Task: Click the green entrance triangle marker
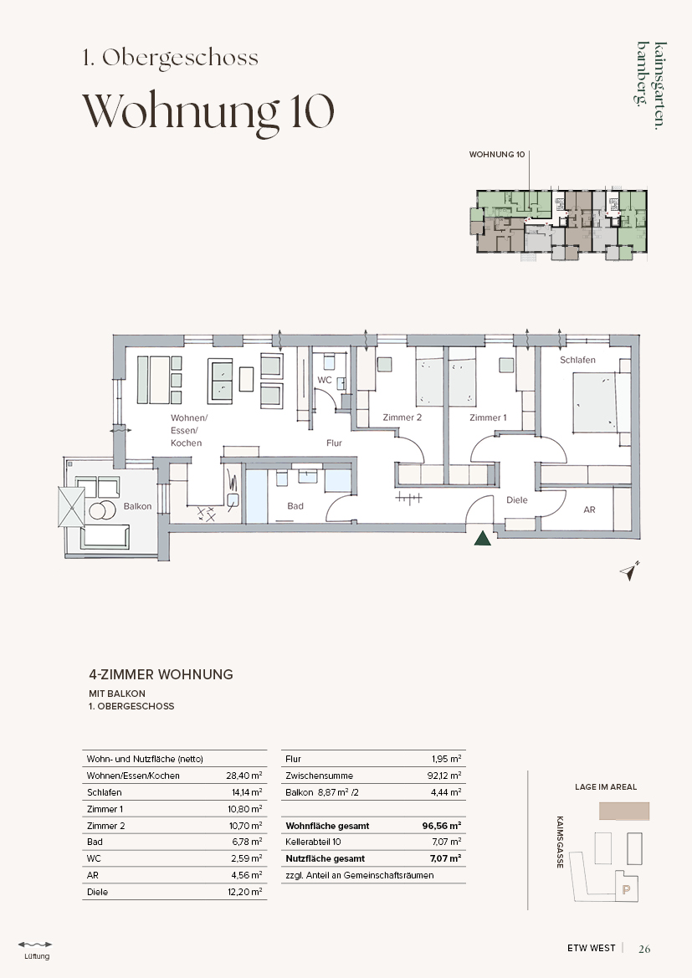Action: point(482,538)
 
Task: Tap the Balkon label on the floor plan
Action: point(137,506)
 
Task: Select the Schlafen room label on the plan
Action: point(577,360)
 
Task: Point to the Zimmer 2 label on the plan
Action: point(402,417)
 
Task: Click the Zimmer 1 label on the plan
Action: point(488,417)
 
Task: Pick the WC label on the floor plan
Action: point(325,380)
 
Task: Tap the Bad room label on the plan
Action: point(295,506)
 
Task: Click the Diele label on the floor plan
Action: point(516,499)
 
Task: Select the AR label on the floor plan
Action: point(589,509)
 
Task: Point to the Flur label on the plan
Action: point(334,443)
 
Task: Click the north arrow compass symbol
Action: point(630,571)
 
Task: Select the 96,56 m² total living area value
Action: point(442,826)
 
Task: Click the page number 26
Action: point(644,949)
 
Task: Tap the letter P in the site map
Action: point(627,890)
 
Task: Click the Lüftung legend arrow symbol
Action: point(35,945)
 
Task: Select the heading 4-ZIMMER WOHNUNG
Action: point(161,674)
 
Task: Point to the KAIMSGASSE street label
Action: point(560,842)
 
